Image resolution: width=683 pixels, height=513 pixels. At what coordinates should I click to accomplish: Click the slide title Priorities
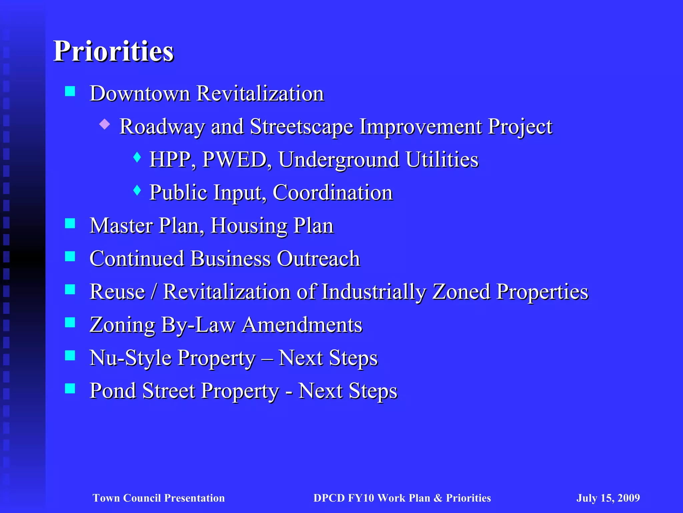click(x=113, y=52)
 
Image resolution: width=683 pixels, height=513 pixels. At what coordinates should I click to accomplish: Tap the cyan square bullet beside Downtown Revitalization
click(x=70, y=91)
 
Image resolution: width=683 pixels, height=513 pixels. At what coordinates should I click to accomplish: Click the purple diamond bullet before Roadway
click(x=105, y=124)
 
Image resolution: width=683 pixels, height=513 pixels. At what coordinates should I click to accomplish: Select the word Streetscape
click(x=301, y=127)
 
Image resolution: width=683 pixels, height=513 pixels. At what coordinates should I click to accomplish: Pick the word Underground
click(x=339, y=160)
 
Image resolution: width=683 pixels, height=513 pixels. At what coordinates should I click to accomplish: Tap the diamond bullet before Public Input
click(x=137, y=190)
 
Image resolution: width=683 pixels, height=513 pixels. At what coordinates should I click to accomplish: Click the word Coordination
click(x=332, y=193)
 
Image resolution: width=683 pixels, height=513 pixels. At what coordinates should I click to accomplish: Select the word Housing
click(x=249, y=226)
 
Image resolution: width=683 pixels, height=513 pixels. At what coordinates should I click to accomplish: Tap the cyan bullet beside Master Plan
click(x=70, y=223)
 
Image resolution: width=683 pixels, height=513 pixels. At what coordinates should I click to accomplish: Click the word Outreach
click(x=318, y=259)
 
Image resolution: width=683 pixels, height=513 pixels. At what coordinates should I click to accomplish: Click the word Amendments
click(x=302, y=325)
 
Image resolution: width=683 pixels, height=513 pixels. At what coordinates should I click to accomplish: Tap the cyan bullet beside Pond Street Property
click(x=70, y=388)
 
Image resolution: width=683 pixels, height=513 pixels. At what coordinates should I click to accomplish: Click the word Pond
click(x=113, y=391)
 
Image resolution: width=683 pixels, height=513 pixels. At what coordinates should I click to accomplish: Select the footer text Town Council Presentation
click(x=159, y=498)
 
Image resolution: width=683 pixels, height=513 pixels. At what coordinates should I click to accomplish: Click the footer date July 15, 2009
click(x=608, y=498)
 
